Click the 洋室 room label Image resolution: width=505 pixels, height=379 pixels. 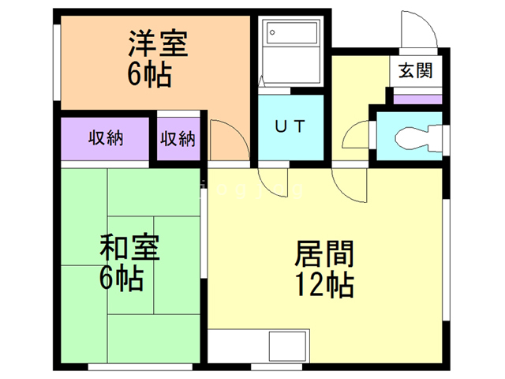[158, 44]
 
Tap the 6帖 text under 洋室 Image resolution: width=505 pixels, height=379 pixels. [149, 75]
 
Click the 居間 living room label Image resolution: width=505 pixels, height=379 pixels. [324, 254]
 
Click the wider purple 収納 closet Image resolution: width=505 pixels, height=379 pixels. [105, 139]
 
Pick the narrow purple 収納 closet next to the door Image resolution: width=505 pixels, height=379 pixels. [178, 139]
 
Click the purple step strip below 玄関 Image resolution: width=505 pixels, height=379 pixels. [417, 99]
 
